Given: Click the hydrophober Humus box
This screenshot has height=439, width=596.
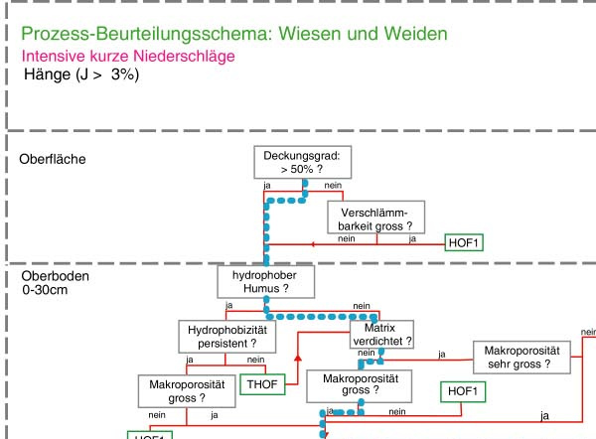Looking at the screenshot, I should [x=266, y=281].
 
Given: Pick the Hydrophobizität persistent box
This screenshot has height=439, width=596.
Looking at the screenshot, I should [x=225, y=336].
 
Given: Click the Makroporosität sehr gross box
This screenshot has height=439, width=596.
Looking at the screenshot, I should [x=522, y=357].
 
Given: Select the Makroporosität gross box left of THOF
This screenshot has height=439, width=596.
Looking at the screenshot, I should [x=188, y=390].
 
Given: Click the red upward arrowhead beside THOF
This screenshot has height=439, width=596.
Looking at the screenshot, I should [x=297, y=356].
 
